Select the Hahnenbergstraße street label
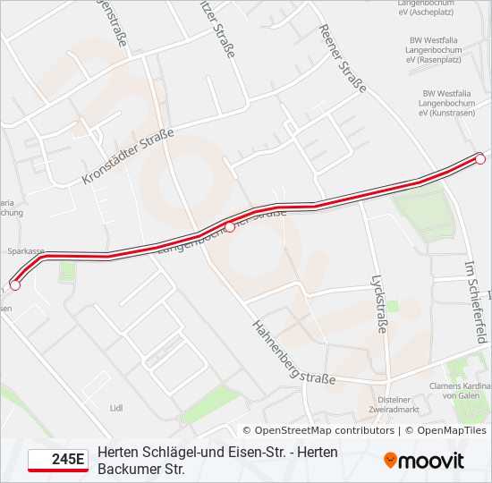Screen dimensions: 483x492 pos(293,352)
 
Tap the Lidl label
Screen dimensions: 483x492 pos(115,408)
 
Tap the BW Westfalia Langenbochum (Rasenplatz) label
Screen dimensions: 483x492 pos(446,51)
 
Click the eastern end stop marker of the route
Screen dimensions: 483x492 pos(480,159)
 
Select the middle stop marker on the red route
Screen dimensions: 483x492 pos(230,227)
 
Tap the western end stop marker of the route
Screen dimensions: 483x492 pos(14,285)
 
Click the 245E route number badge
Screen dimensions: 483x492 pos(58,461)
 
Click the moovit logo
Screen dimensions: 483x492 pos(424,461)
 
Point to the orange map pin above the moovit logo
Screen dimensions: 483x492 pos(391,459)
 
